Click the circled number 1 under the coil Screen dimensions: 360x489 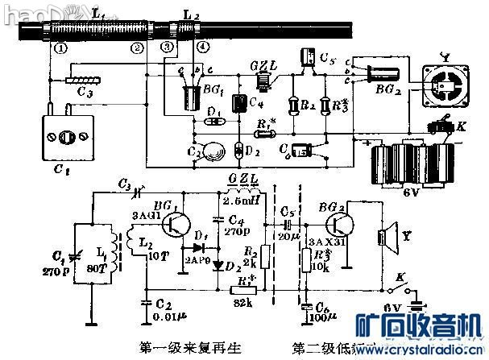coord(60,48)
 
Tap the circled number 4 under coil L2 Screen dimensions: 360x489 coord(201,48)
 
